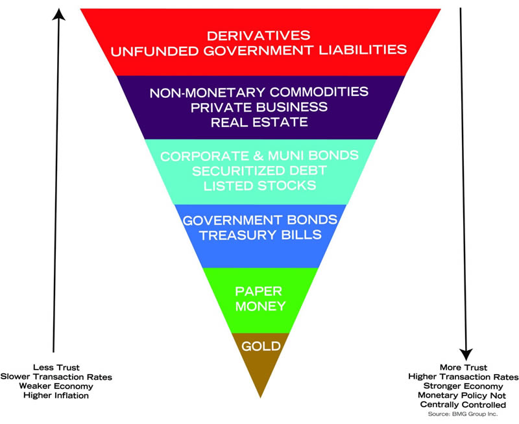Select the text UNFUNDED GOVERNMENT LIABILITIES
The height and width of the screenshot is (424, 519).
(259, 50)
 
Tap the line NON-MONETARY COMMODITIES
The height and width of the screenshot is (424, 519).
(259, 92)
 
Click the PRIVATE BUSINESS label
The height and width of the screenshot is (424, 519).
(259, 107)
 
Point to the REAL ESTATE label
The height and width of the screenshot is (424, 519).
(259, 122)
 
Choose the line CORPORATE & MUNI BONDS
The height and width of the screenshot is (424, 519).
(259, 156)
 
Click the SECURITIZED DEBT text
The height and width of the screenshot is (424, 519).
(259, 171)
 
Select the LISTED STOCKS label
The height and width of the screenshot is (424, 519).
(259, 186)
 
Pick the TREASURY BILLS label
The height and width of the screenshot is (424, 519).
(259, 235)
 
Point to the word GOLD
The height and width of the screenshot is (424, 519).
(259, 346)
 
